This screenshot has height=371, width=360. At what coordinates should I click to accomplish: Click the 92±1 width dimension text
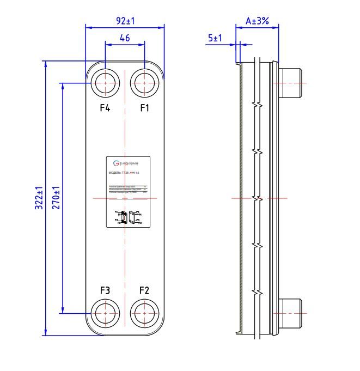click(125, 21)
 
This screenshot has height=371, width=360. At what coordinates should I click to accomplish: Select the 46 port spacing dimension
click(124, 38)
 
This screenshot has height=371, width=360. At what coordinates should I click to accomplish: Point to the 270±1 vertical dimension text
click(56, 199)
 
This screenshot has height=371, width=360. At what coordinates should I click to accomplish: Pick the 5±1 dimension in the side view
click(215, 38)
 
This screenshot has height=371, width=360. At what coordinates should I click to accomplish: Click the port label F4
click(105, 108)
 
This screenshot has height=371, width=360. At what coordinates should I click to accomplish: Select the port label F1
click(144, 108)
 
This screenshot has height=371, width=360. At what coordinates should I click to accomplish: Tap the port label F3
click(105, 290)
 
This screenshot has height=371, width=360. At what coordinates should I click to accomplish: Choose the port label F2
click(144, 290)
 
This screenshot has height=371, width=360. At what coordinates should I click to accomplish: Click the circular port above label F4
click(105, 83)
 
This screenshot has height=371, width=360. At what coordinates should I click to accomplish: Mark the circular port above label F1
click(144, 83)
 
